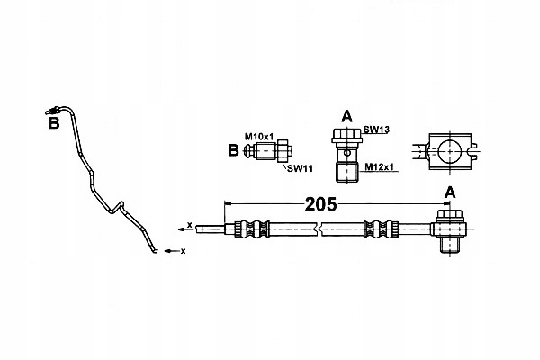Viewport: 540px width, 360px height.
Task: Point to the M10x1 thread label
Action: pyautogui.click(x=258, y=136)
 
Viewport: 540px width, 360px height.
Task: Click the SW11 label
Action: pyautogui.click(x=299, y=167)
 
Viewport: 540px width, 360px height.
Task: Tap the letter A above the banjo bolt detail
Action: pyautogui.click(x=346, y=115)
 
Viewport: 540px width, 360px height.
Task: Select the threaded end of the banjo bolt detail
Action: pyautogui.click(x=346, y=169)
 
